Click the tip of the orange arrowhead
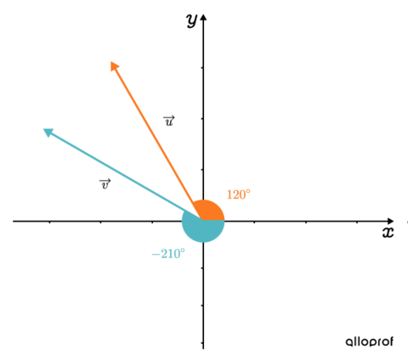[x=110, y=61]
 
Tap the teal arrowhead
[x=48, y=131]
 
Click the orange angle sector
[x=209, y=211]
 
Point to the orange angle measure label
[x=238, y=194]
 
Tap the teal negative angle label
[x=168, y=253]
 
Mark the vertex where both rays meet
[x=203, y=220]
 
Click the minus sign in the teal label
[x=154, y=254]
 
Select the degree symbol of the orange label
[x=249, y=191]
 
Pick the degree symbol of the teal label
[x=183, y=250]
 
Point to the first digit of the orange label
[x=229, y=194]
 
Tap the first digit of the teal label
[x=161, y=253]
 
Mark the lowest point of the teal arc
[x=203, y=243]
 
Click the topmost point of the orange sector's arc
[x=204, y=199]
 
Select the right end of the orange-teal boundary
[x=225, y=220]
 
